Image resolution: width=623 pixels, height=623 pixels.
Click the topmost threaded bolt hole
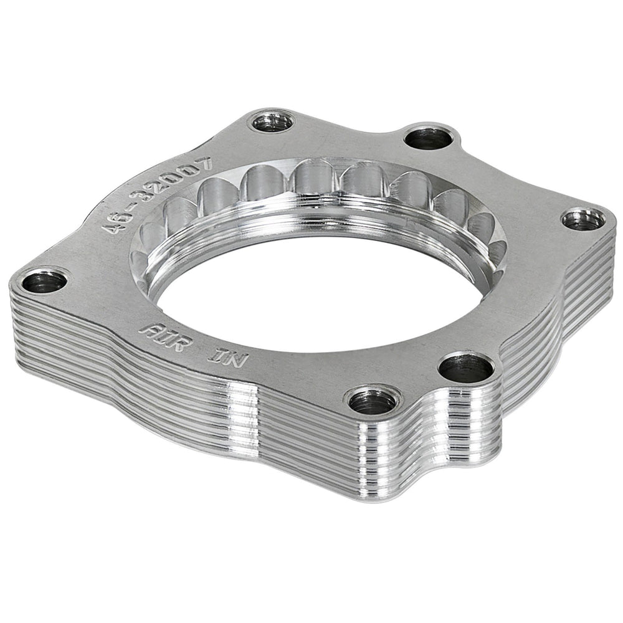[x=273, y=120]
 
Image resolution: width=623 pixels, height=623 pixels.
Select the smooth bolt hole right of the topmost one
[x=427, y=137]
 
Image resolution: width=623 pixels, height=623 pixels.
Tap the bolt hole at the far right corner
[x=583, y=219]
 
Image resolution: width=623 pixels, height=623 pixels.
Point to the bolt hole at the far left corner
[x=44, y=282]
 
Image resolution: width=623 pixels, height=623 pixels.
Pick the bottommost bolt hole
[x=371, y=401]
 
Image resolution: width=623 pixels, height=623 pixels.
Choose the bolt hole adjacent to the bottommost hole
[x=465, y=369]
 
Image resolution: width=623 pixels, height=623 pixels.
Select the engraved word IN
[x=229, y=358]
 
